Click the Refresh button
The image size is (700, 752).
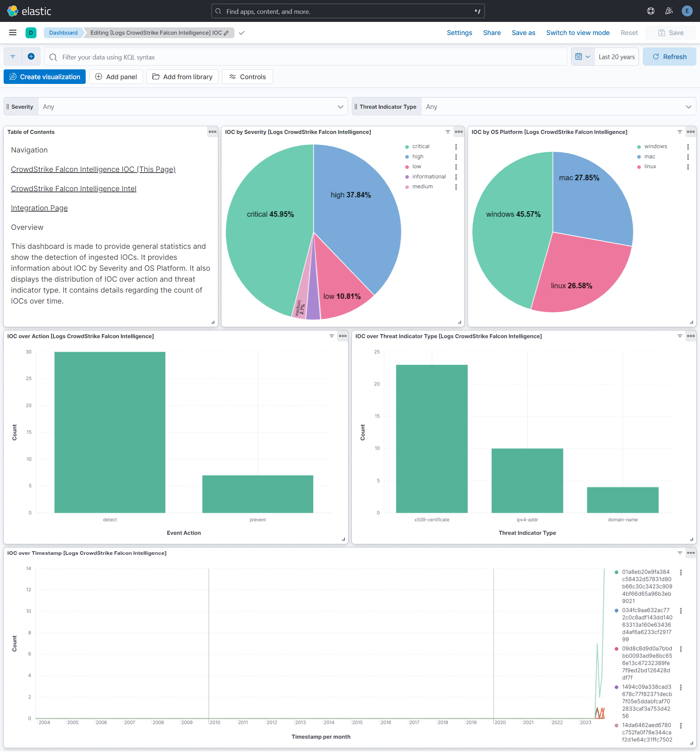669,57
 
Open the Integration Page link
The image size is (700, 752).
39,208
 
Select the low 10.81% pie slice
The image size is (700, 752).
340,291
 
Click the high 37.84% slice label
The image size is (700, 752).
350,195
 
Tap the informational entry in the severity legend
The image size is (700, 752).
429,177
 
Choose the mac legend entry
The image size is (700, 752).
649,157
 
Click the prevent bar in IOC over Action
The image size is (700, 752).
257,494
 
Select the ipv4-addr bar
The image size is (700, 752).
527,481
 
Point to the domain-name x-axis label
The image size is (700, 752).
622,520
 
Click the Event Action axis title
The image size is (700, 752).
184,533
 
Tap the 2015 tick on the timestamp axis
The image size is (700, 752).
357,722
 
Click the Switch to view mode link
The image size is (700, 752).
577,33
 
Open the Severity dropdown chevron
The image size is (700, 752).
340,107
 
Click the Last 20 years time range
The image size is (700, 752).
617,57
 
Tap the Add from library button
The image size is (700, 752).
182,77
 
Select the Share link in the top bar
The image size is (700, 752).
492,33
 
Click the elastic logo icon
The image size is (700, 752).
12,11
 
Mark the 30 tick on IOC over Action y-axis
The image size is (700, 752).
29,352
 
